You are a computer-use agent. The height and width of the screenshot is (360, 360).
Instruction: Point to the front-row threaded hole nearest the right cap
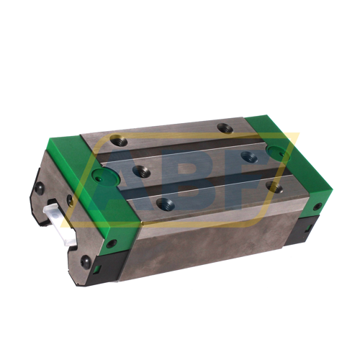pyautogui.click(x=274, y=185)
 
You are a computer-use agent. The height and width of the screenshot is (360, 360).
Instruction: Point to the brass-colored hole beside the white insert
pyautogui.click(x=69, y=202)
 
